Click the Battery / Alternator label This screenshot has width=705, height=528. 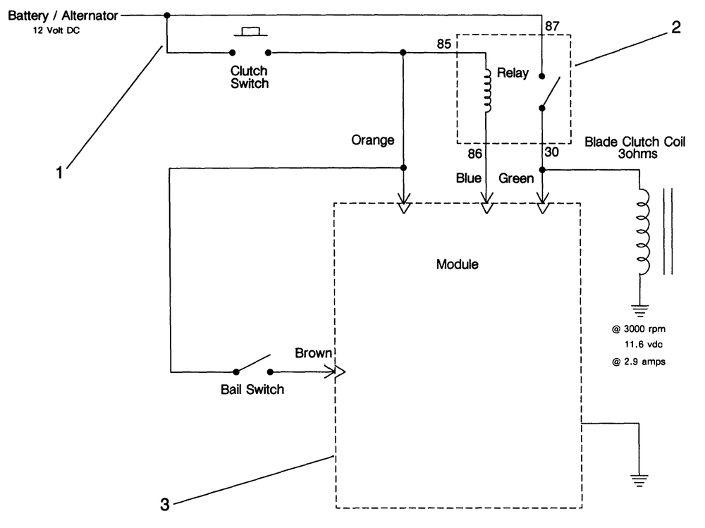coord(63,16)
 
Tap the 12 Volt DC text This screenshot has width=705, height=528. coord(56,30)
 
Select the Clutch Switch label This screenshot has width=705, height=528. coord(250,77)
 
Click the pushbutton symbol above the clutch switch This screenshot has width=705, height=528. coord(250,32)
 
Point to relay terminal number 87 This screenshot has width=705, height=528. coord(552,26)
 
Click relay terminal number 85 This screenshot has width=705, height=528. coord(443,44)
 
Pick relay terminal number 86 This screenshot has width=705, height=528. coord(474,154)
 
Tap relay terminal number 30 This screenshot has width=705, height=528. coord(552,152)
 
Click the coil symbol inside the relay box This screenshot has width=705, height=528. coord(488,90)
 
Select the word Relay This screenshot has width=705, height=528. coord(513,73)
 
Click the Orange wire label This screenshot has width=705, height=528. coord(373,140)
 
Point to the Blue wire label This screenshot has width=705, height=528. coord(469,178)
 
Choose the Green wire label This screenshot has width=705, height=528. coord(516,178)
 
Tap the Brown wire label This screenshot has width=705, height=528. coord(314,353)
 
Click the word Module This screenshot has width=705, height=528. coord(458,264)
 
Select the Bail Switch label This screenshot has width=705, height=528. coord(252,389)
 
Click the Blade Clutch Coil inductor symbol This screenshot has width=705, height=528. coord(644,232)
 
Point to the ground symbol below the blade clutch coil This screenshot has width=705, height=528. coord(640,311)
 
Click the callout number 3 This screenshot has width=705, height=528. coord(165,505)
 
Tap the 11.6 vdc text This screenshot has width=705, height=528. coord(644,345)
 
